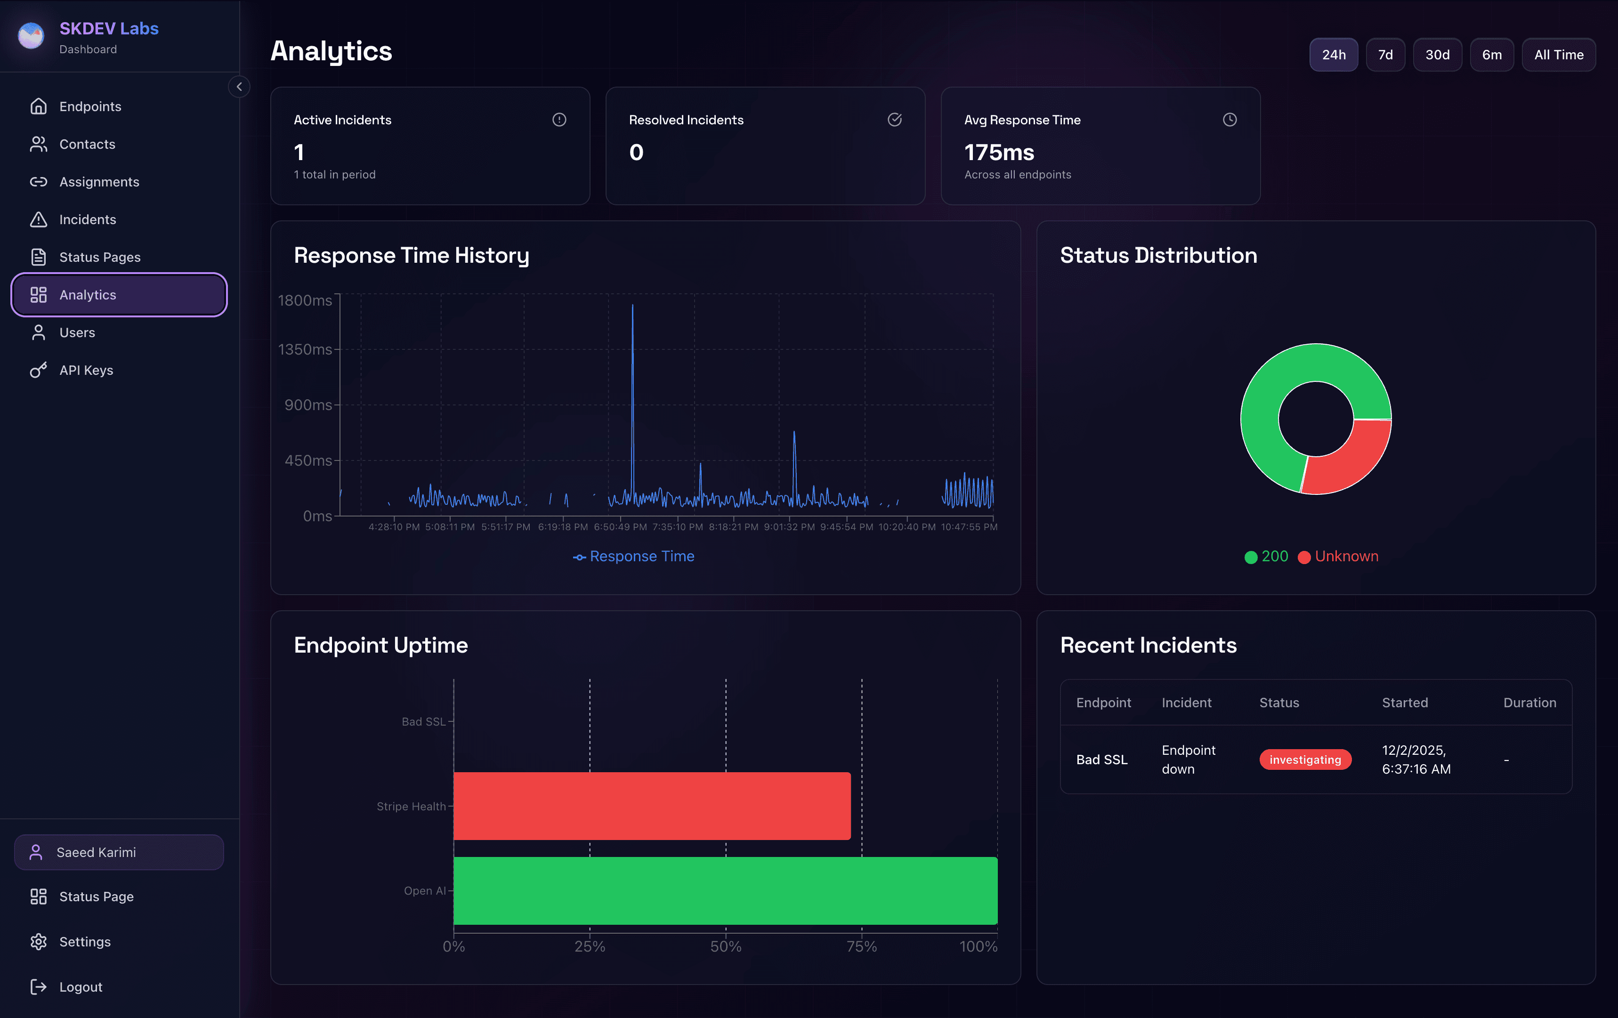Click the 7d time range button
click(1385, 55)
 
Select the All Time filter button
click(1558, 55)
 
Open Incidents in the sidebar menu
click(87, 220)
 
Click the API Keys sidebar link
click(86, 370)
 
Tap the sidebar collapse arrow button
click(239, 87)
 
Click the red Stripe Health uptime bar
click(652, 806)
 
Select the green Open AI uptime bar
click(725, 890)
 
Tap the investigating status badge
click(1304, 759)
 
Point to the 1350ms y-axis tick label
click(305, 349)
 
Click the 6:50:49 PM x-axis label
click(620, 527)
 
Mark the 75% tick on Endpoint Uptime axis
click(861, 946)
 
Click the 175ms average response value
click(998, 153)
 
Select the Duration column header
click(1529, 702)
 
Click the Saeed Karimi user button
click(119, 852)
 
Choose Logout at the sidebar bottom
click(81, 986)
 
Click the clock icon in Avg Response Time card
click(1229, 120)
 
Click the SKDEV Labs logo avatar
click(32, 36)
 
